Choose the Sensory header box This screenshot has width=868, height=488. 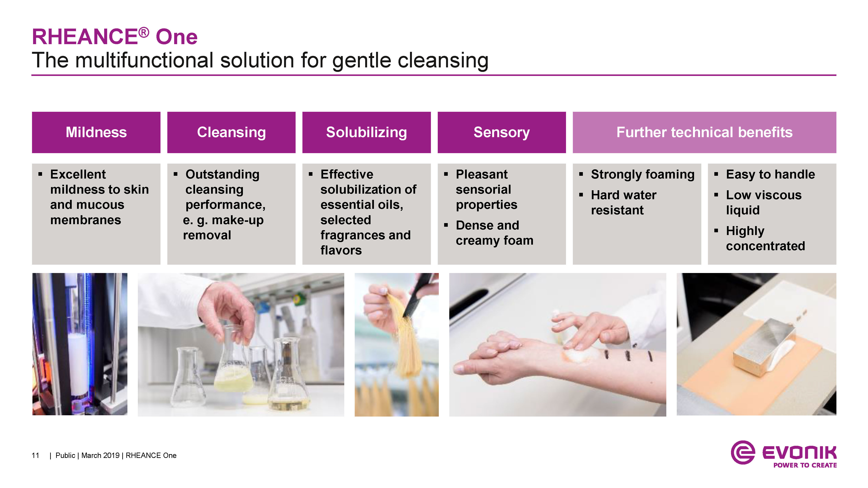[x=502, y=132]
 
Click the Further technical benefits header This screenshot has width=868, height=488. [x=704, y=132]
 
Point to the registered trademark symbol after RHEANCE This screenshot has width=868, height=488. [x=144, y=32]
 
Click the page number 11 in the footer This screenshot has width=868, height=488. [x=35, y=455]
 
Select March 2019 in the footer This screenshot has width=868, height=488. [x=100, y=455]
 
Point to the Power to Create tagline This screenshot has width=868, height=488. [x=805, y=465]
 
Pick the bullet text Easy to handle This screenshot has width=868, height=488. [x=770, y=174]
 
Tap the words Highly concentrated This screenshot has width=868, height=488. [x=765, y=238]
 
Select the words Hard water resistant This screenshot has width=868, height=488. [x=624, y=202]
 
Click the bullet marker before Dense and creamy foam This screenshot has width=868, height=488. [x=446, y=225]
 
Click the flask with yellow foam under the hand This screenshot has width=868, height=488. [x=233, y=360]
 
